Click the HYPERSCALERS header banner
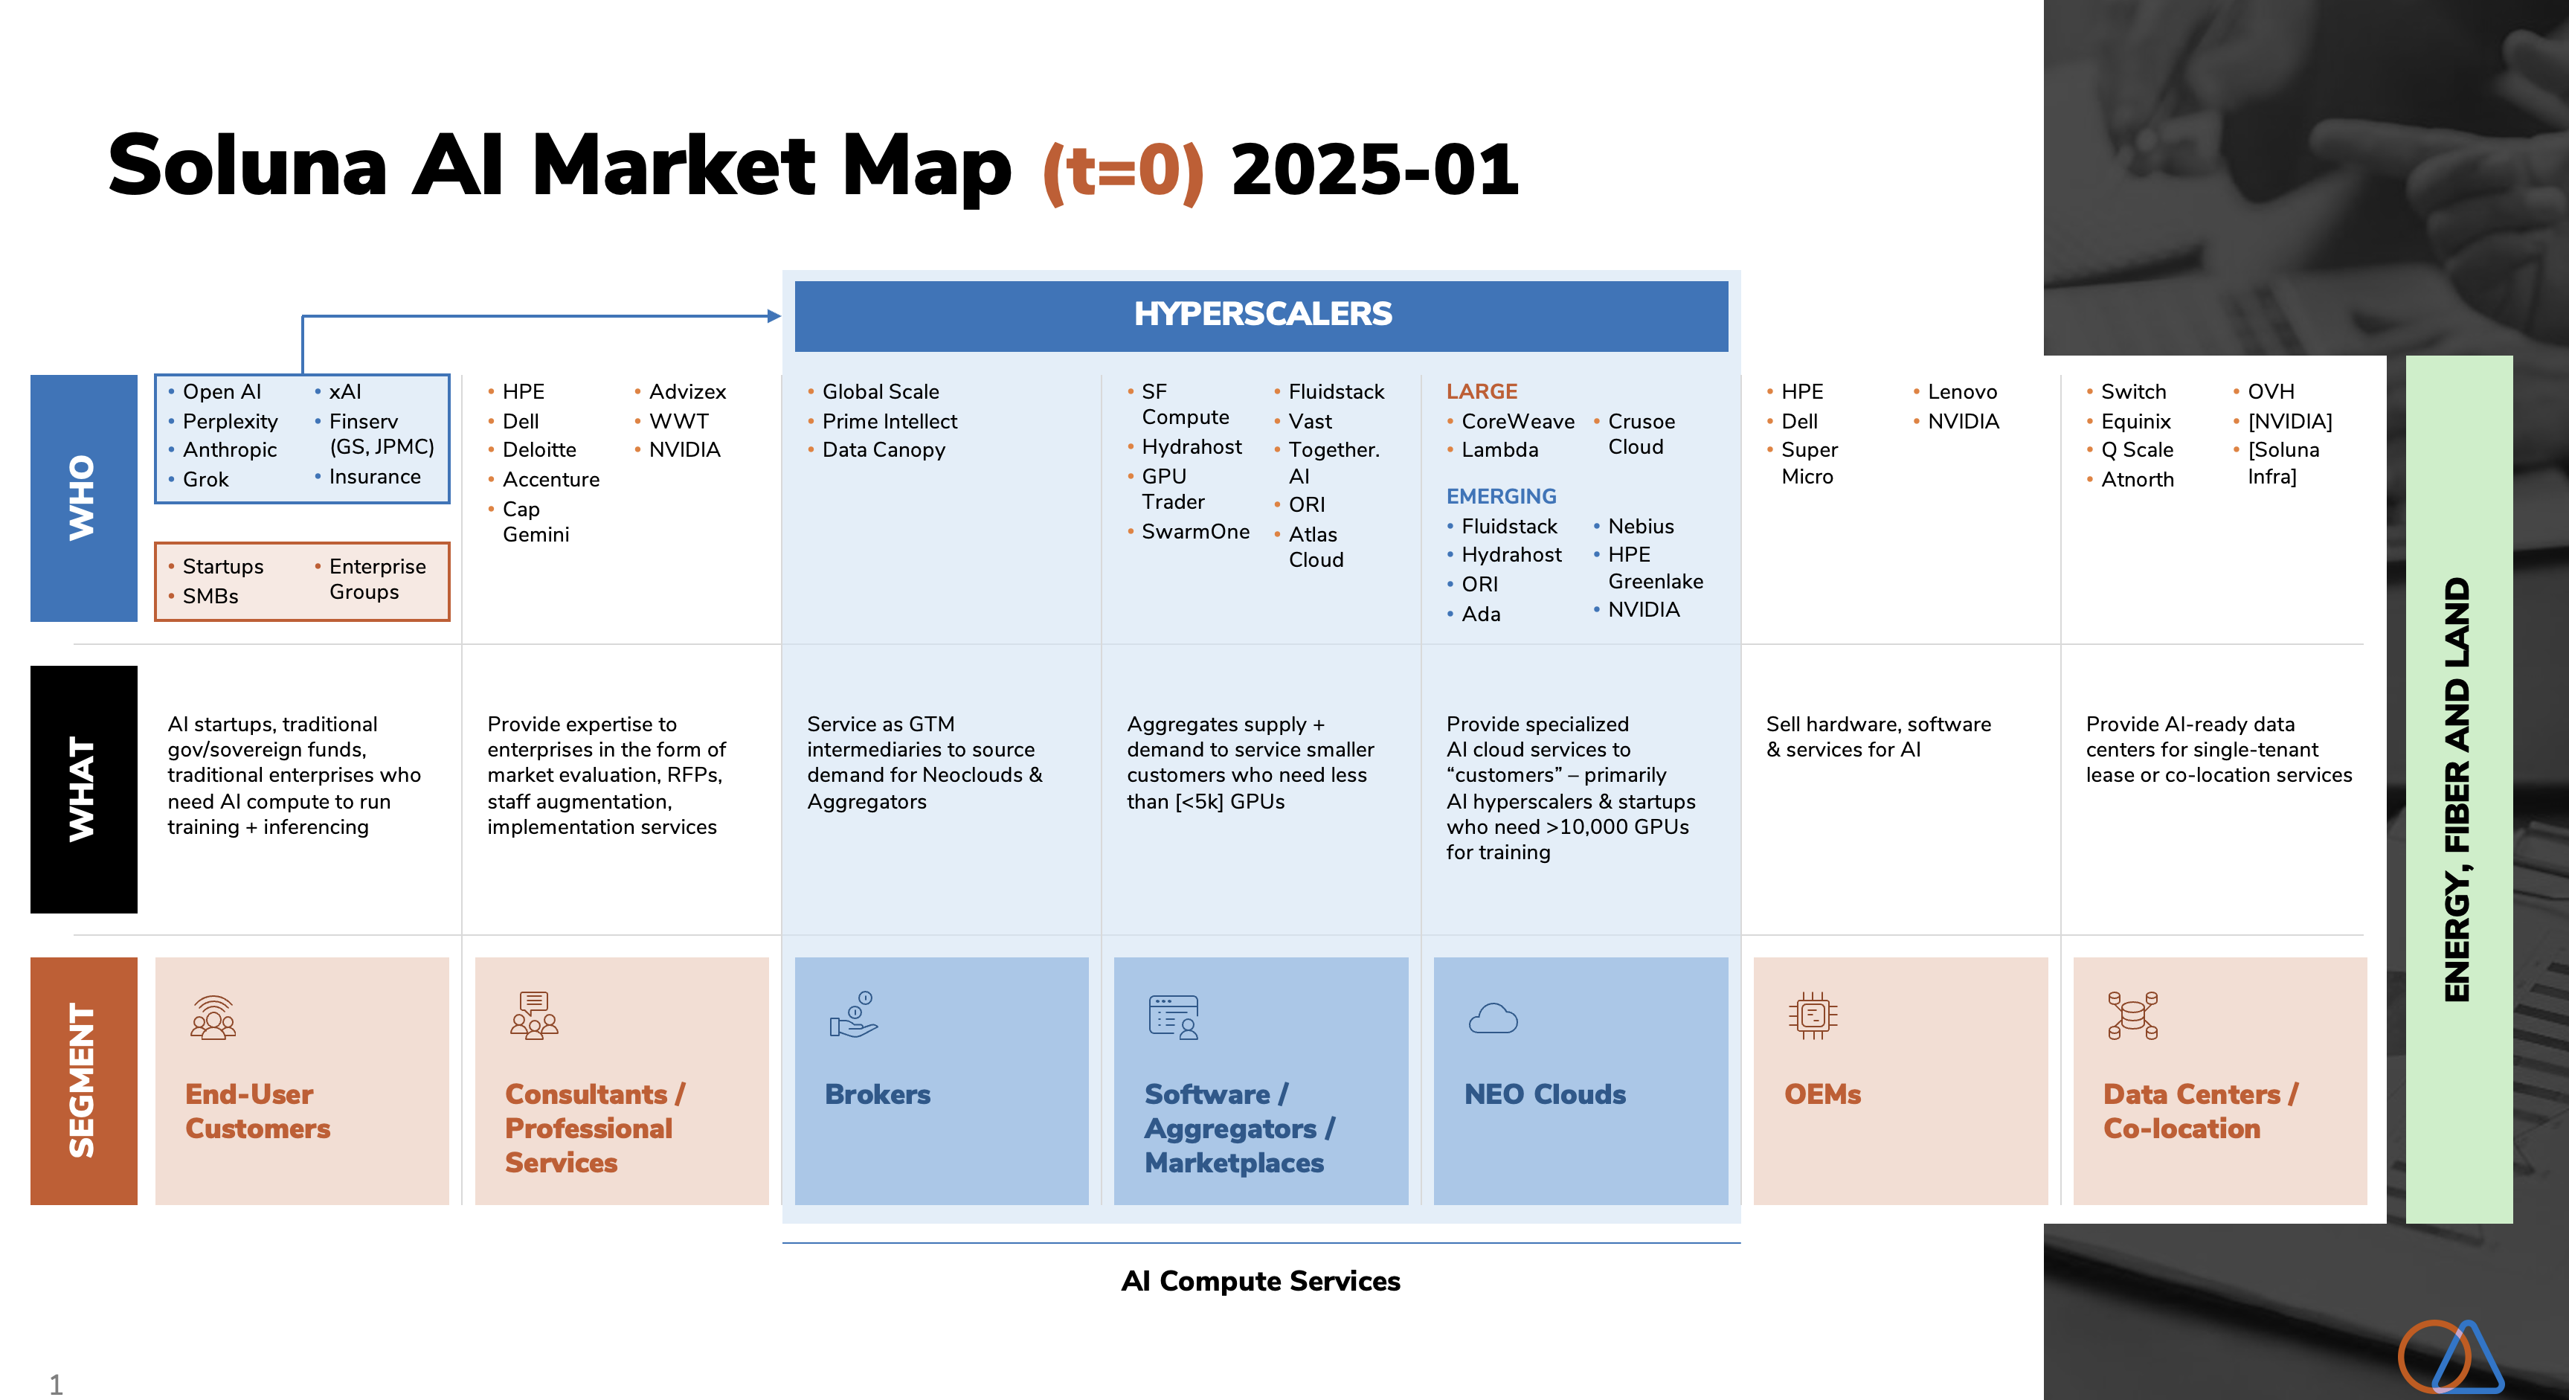[1261, 315]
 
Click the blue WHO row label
[84, 498]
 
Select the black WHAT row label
[84, 789]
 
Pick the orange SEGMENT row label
[84, 1081]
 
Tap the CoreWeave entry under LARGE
[1518, 421]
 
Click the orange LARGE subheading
[1482, 392]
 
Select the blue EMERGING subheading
[1501, 497]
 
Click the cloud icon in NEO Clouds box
[1493, 1018]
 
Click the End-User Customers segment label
[257, 1111]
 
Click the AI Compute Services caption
[1261, 1280]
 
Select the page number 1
[56, 1384]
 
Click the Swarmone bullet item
[1195, 531]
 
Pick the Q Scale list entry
[2137, 450]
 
